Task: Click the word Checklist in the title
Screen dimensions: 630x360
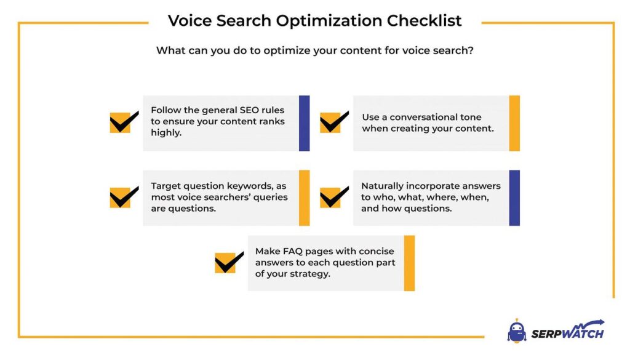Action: pos(424,21)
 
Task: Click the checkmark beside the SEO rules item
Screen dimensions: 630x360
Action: pos(124,122)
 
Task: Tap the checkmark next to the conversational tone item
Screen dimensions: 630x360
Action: pos(334,122)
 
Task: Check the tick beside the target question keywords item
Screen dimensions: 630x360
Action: pos(124,197)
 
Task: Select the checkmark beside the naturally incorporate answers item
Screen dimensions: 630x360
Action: pos(334,197)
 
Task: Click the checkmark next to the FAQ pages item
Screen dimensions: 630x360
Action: pos(229,262)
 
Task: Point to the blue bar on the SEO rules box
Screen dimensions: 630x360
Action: pos(304,123)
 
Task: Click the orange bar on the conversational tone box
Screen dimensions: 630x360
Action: pos(514,123)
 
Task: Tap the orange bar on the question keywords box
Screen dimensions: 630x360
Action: pos(304,198)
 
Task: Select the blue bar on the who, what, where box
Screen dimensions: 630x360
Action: pos(514,198)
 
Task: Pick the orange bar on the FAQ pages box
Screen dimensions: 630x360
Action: pos(409,263)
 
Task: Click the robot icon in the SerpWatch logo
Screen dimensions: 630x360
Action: pos(517,331)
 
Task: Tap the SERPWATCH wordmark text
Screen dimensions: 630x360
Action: pos(568,331)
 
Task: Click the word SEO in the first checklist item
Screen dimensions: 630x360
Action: pos(249,110)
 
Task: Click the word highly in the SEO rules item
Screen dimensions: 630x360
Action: pos(166,133)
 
